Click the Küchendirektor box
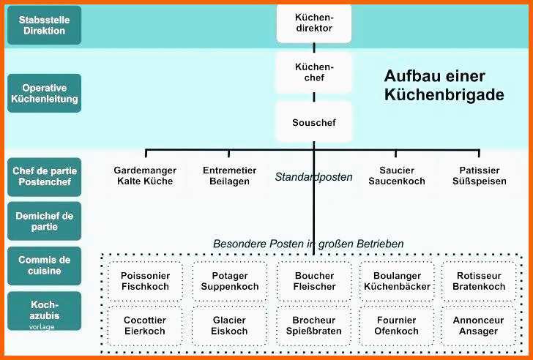(x=314, y=23)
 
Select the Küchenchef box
(x=314, y=72)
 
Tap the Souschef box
(x=314, y=122)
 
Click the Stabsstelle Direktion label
(x=44, y=25)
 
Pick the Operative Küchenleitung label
(x=44, y=94)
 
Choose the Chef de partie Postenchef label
(x=44, y=176)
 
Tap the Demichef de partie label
(x=44, y=221)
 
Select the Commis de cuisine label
(x=44, y=266)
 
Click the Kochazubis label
(x=44, y=311)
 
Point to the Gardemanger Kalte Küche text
(x=145, y=176)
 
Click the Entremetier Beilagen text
(x=229, y=176)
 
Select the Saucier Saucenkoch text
(x=397, y=176)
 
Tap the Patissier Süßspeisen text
(x=480, y=176)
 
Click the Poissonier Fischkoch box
(x=145, y=281)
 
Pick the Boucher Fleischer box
(x=314, y=281)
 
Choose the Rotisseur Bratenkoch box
(x=479, y=281)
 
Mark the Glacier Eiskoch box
(x=229, y=326)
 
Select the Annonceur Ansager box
(x=478, y=326)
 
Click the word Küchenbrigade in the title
(x=444, y=94)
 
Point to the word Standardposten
(x=314, y=177)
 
